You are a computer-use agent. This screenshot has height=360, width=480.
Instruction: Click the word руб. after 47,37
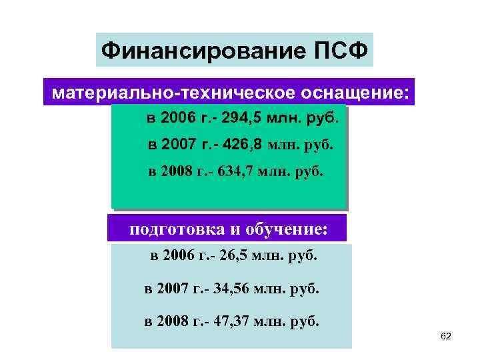[x=305, y=322]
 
